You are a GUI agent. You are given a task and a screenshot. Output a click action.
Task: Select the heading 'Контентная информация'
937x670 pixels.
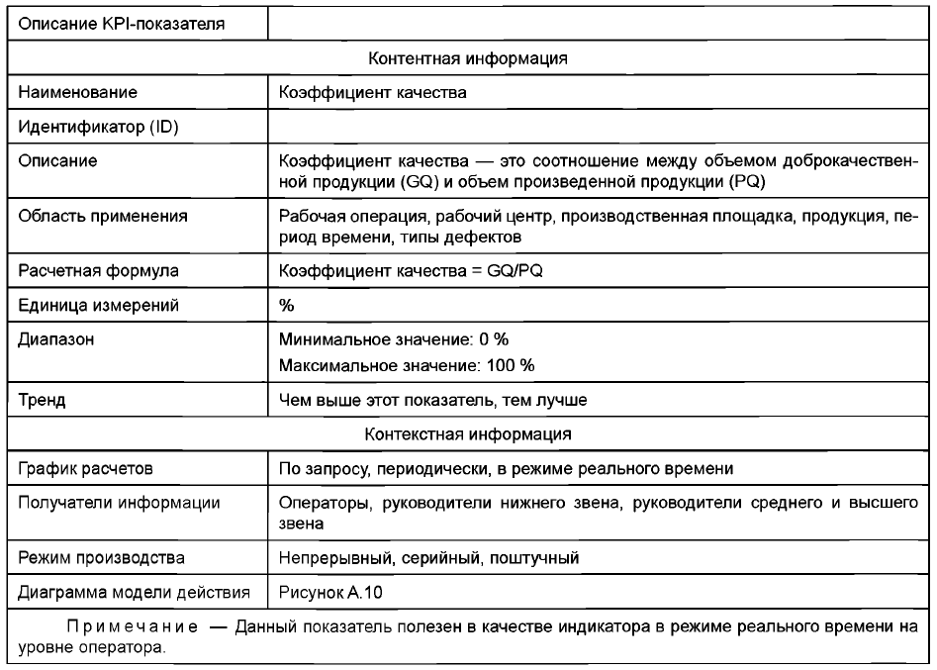467,57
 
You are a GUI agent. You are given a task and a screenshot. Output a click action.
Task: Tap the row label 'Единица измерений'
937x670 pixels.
99,306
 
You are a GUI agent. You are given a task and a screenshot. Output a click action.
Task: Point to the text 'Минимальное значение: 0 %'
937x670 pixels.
381,339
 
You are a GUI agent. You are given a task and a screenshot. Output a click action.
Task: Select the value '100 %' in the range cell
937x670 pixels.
514,365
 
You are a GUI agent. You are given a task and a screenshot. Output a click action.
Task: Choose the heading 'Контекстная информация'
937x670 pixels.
467,432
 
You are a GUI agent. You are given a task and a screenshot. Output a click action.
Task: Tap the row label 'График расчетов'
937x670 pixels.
88,466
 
